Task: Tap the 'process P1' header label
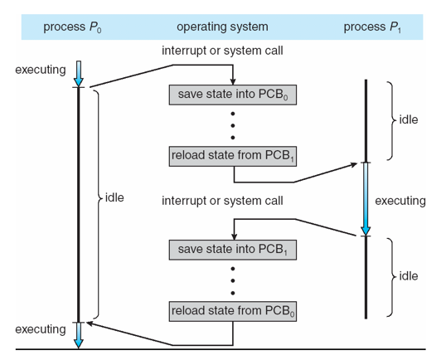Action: click(374, 27)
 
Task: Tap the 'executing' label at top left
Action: click(39, 70)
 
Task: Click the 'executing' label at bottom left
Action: click(39, 330)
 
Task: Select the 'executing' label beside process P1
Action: click(400, 201)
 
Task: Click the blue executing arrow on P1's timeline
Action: click(365, 199)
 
